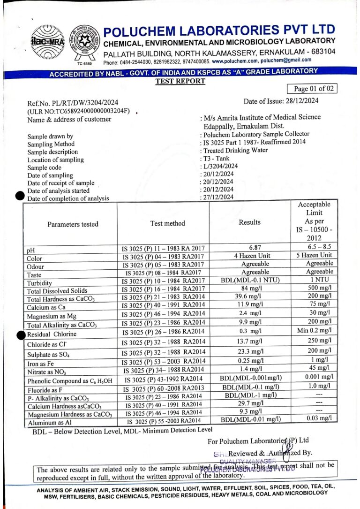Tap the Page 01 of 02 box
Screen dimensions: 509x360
tap(312, 89)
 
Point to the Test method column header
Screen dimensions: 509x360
tap(167, 223)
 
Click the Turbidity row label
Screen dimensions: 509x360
tap(40, 284)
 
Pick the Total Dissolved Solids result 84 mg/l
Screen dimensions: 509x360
tap(255, 289)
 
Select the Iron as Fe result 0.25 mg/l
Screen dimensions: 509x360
tap(255, 360)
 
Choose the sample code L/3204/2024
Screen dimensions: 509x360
tap(220, 167)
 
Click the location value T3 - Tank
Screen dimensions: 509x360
tap(216, 159)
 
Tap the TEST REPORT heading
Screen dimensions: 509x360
tap(180, 81)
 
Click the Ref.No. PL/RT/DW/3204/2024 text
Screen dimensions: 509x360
tap(73, 103)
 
